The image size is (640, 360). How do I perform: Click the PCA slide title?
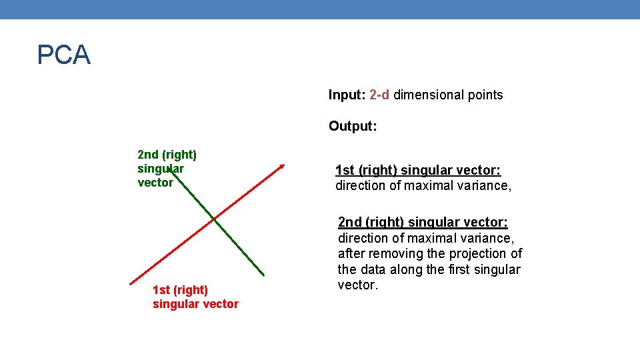[63, 55]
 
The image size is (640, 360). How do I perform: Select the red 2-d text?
[379, 95]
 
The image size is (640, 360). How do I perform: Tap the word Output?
[353, 126]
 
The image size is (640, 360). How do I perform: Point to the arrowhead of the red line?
[283, 165]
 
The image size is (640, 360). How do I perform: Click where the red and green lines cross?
[213, 218]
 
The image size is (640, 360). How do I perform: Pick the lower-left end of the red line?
[131, 283]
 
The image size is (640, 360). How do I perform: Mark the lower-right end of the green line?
[263, 275]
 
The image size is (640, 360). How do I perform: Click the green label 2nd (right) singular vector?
[167, 169]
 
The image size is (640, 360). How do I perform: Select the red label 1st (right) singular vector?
[195, 297]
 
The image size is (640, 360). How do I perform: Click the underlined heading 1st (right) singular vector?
[417, 170]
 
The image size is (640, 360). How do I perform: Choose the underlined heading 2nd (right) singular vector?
[423, 221]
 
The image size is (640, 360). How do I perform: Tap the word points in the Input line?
[485, 95]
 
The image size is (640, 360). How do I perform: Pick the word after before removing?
[350, 253]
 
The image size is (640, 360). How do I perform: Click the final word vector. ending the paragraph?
[358, 285]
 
